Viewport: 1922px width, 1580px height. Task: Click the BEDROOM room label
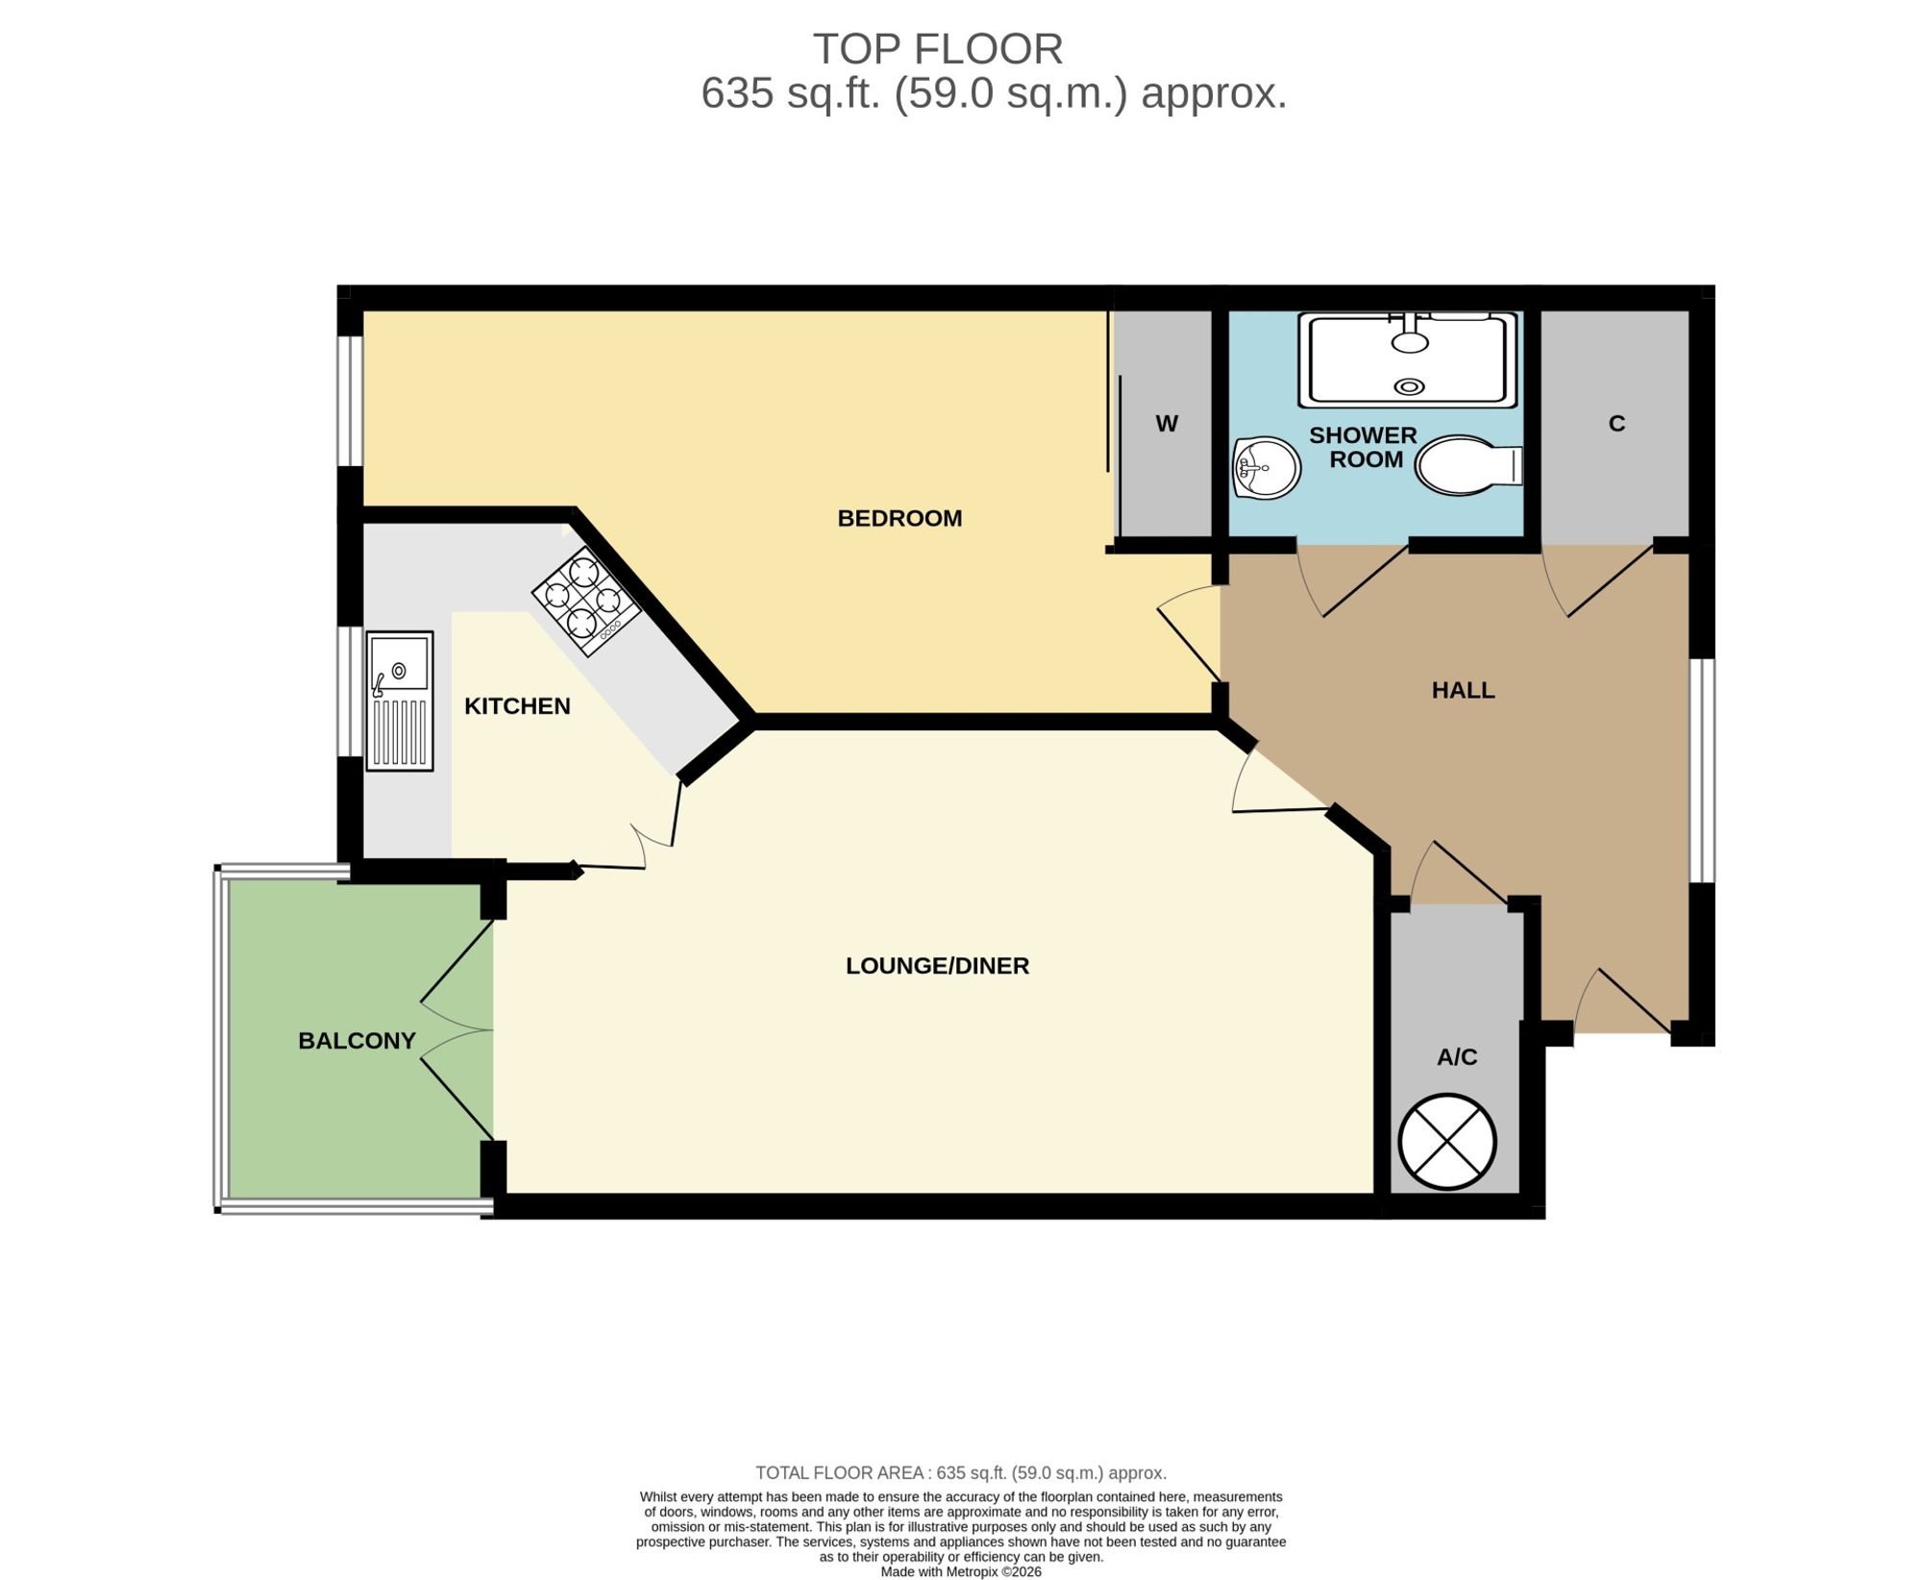899,518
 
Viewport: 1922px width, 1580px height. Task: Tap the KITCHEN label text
517,706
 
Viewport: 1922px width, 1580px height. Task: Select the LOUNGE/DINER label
937,966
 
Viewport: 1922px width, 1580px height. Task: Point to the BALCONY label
357,1041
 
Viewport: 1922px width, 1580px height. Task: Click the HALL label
1463,690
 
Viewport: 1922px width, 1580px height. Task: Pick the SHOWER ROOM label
1364,448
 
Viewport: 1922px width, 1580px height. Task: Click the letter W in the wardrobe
1167,424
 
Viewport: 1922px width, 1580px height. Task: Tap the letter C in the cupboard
1616,424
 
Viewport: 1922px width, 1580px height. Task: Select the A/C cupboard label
1457,1057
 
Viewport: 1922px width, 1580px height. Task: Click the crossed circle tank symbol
1447,1142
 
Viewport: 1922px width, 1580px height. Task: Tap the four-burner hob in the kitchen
587,602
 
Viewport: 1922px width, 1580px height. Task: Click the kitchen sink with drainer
400,701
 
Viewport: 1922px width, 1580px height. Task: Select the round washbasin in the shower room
1267,468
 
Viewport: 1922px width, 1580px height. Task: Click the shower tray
1409,358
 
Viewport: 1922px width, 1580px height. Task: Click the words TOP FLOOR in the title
938,49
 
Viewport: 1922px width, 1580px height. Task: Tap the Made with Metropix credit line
961,1572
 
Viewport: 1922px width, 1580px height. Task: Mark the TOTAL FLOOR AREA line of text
961,1472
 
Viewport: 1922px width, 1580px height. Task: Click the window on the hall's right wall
1702,771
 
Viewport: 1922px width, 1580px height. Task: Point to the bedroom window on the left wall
350,401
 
